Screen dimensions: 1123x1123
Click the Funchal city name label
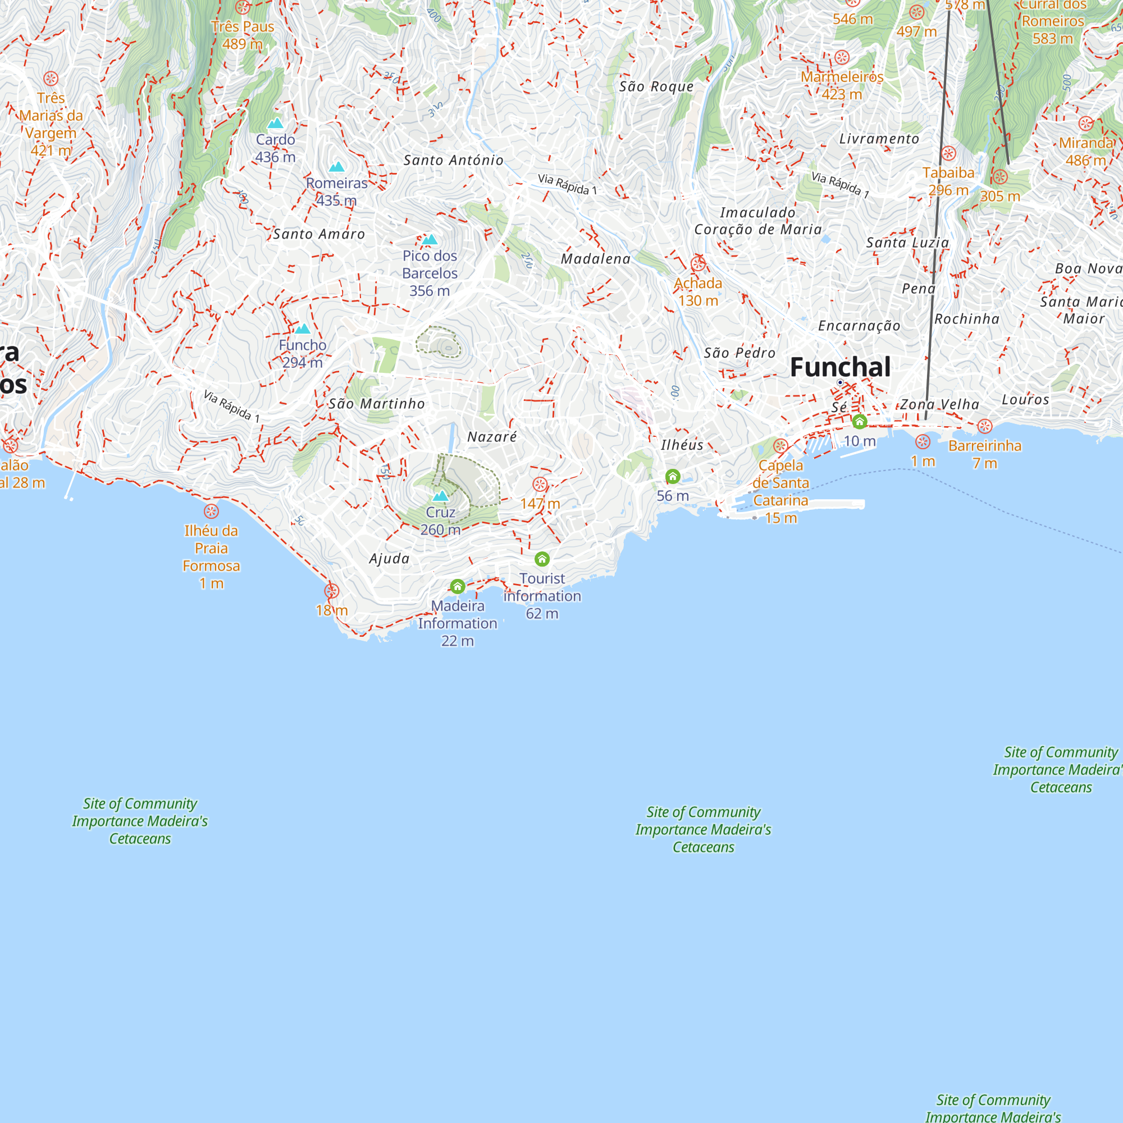[x=840, y=367]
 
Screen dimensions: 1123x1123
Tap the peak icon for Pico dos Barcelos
[x=430, y=240]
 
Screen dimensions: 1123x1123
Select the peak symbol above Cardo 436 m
[x=275, y=123]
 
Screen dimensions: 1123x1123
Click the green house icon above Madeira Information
[x=458, y=587]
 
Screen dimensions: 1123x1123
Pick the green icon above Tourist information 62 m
[x=542, y=559]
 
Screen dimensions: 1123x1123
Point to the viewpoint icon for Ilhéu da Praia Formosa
[x=211, y=512]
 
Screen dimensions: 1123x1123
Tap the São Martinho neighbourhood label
[x=377, y=404]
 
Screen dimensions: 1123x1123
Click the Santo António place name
[x=453, y=161]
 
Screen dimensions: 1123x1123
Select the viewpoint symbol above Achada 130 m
[x=698, y=264]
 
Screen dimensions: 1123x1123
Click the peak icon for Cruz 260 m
[x=441, y=496]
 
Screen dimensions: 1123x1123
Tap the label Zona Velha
[x=939, y=404]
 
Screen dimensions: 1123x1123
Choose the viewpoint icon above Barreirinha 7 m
[x=985, y=427]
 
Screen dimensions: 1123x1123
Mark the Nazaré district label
[x=492, y=437]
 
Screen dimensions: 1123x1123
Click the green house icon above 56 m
[x=673, y=477]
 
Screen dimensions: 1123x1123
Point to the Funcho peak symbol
[x=302, y=329]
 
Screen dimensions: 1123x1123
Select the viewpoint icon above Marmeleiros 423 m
[x=842, y=57]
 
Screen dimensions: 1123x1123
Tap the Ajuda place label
[x=390, y=559]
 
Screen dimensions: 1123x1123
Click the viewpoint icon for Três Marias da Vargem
[x=51, y=79]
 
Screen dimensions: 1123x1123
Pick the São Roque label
[x=656, y=87]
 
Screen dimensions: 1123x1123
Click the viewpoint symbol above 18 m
[x=331, y=591]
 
